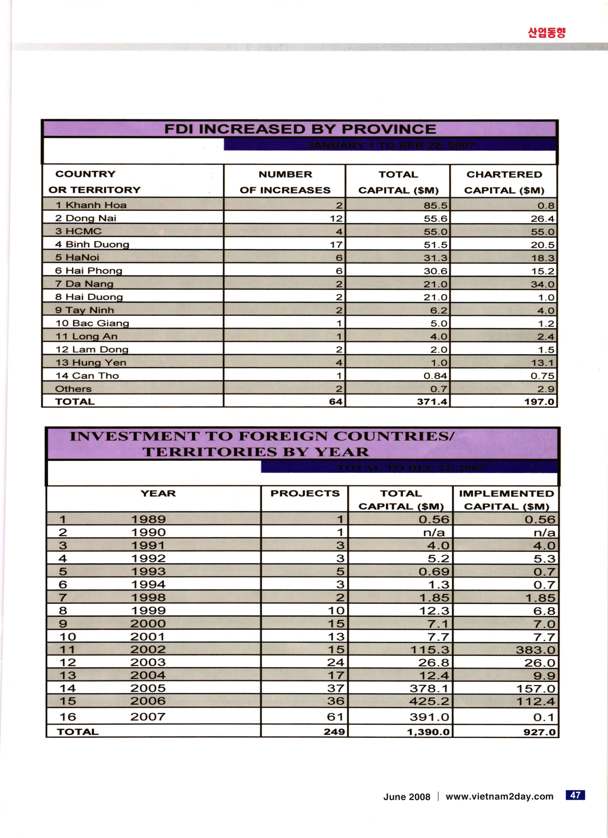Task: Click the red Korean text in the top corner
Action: tap(546, 33)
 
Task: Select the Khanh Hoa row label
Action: tap(91, 205)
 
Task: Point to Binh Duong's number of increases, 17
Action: tap(336, 245)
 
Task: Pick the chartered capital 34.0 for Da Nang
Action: tap(542, 284)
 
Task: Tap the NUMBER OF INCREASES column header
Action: tap(285, 182)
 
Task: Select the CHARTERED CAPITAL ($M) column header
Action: tap(504, 182)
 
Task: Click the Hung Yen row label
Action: tap(91, 363)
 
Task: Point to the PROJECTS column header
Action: tap(305, 494)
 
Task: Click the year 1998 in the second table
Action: tap(148, 597)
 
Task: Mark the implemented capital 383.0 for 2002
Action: tap(536, 650)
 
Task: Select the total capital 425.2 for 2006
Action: tap(429, 701)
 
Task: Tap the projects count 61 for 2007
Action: tap(335, 717)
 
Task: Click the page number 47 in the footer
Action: tap(575, 795)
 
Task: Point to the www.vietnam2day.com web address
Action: tap(499, 797)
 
